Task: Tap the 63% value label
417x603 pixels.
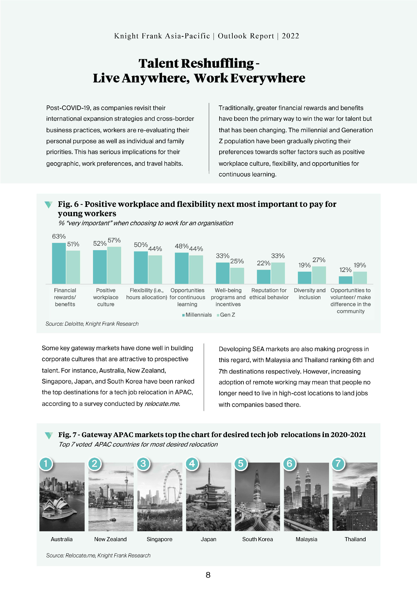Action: pos(59,236)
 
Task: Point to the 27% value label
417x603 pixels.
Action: pos(319,260)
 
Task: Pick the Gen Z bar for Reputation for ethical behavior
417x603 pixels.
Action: pos(278,273)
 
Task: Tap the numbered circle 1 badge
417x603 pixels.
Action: pos(46,464)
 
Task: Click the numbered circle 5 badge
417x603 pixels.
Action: pos(241,464)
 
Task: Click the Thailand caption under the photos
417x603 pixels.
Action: pos(355,539)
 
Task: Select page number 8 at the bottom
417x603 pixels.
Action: pos(208,575)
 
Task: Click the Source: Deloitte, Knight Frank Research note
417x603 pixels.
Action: pos(92,324)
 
